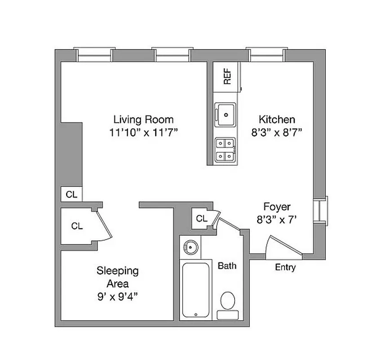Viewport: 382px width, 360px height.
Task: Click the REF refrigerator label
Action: [x=227, y=76]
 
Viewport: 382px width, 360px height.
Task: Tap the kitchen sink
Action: [x=226, y=113]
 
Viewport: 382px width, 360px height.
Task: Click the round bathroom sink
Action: [x=190, y=248]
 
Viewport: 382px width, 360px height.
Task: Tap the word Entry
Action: [x=285, y=268]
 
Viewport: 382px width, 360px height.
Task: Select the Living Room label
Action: [x=143, y=120]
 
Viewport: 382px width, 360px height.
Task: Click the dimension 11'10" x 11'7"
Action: [x=143, y=133]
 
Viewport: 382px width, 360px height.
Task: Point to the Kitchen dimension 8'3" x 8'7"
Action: [x=276, y=133]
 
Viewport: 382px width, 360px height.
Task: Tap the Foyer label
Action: [x=276, y=207]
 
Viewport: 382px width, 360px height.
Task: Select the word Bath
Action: [x=227, y=266]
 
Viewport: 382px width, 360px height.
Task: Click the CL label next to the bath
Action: [x=202, y=219]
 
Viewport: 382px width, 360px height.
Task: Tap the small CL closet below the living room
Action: [x=71, y=195]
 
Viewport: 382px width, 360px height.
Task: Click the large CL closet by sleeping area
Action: [x=77, y=226]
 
